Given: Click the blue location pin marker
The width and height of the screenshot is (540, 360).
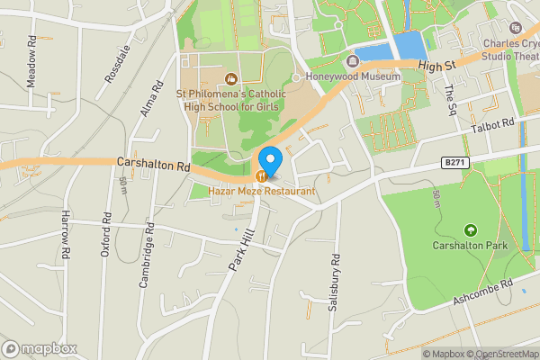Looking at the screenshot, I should (x=270, y=159).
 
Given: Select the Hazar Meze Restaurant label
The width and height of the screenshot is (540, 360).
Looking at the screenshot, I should (x=262, y=192).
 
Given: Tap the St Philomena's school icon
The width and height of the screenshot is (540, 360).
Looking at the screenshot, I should (x=231, y=78).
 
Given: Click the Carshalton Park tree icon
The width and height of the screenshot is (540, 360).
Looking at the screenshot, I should (x=470, y=230).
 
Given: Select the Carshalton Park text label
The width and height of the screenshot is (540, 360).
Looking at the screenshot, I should (x=470, y=246).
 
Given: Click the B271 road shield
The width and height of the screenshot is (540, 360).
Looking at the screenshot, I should (x=454, y=162).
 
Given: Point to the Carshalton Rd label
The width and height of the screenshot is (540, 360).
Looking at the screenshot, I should (x=154, y=165).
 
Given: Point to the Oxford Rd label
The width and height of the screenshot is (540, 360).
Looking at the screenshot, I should (x=106, y=236).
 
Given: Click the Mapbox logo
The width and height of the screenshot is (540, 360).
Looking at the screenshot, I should (x=40, y=348).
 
